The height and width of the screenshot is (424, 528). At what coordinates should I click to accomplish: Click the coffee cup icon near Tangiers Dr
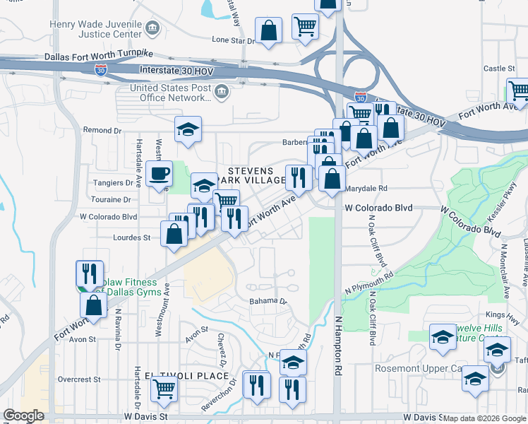point(159,172)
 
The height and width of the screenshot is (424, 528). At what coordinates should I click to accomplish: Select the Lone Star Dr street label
point(232,40)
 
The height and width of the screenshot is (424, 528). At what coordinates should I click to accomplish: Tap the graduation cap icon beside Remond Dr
point(188,129)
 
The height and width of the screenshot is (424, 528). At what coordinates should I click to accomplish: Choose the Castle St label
point(499,69)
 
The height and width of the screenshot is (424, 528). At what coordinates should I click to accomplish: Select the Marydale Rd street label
point(368,189)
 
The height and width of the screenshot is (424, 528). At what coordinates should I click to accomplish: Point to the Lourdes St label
point(132,238)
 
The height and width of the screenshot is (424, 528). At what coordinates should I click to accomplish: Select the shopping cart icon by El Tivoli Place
point(164,387)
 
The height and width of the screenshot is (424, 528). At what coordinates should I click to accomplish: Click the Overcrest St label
point(76,379)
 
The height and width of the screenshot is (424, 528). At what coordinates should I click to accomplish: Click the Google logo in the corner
point(23,416)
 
